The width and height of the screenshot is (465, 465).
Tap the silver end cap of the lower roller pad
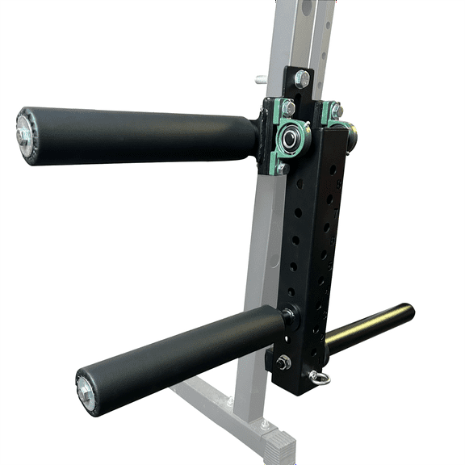click(85, 392)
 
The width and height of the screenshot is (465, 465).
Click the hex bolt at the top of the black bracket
click(301, 79)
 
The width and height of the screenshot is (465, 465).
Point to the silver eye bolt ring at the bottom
click(320, 377)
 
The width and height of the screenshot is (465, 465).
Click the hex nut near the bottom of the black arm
click(283, 362)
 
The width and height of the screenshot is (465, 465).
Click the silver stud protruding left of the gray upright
click(262, 80)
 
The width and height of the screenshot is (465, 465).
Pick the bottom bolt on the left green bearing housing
click(282, 168)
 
